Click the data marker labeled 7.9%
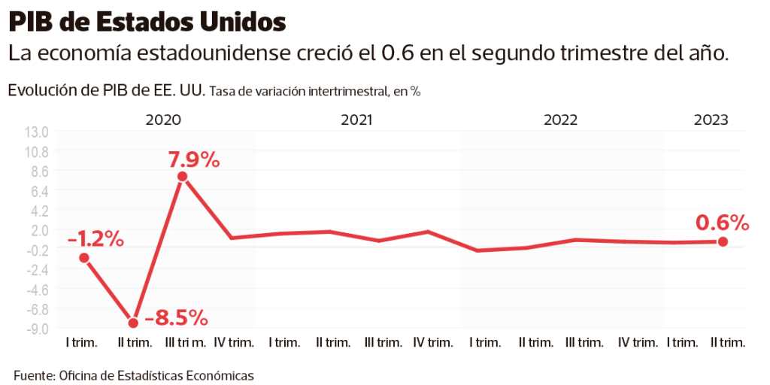(x=182, y=177)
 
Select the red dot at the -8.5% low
(x=134, y=323)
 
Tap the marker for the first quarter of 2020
(x=84, y=258)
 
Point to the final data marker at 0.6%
(x=723, y=241)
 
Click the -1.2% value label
(x=95, y=239)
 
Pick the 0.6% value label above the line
(x=723, y=223)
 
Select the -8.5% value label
(x=176, y=317)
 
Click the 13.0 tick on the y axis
(x=36, y=132)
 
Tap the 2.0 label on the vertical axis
(x=39, y=230)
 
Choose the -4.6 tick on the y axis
(x=37, y=290)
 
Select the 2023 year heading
(x=711, y=120)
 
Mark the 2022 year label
(x=560, y=120)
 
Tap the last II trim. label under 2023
(x=728, y=343)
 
